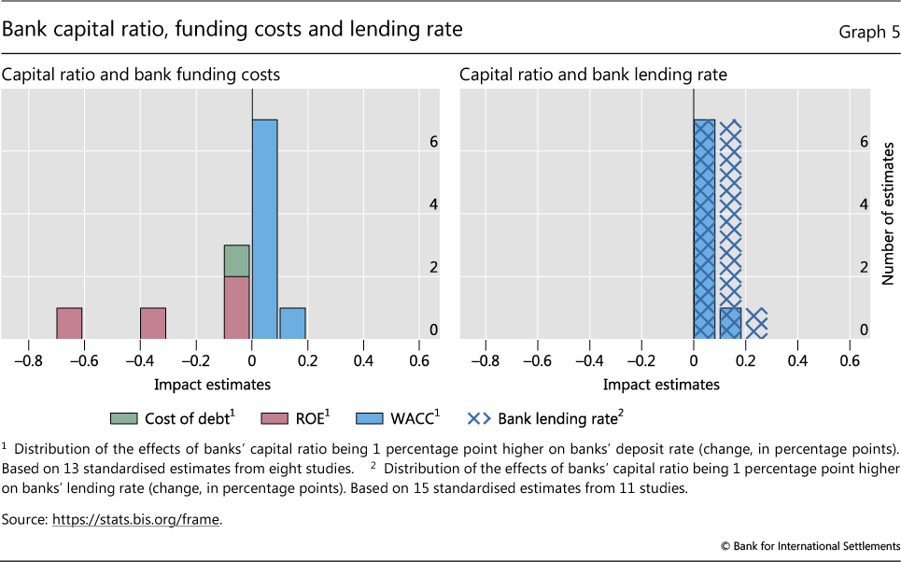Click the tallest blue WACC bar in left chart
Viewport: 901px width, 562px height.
264,229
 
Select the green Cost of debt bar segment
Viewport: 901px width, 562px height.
236,260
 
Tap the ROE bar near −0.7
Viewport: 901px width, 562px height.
69,323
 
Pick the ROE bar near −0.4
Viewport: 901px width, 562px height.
153,323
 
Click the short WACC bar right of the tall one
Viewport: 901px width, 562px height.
292,323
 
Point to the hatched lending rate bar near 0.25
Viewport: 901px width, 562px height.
756,323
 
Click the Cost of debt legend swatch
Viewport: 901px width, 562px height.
124,418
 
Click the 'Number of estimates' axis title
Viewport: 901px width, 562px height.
888,214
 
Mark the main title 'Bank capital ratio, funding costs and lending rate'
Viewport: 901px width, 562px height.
232,30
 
